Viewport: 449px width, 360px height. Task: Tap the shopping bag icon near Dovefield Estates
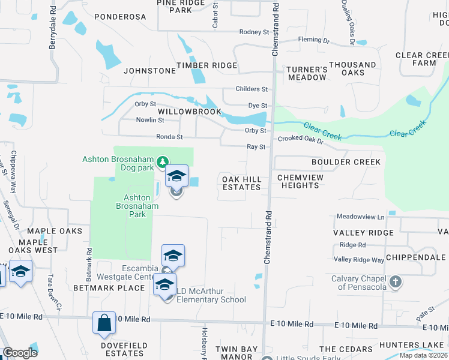[104, 322]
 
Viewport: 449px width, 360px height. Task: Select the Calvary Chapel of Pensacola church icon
[396, 281]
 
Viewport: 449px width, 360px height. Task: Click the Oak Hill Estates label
[242, 183]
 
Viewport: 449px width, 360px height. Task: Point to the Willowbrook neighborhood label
[190, 112]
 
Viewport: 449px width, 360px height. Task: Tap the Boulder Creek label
[346, 162]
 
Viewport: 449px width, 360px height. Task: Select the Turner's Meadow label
[307, 73]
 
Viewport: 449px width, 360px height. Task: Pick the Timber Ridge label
[206, 65]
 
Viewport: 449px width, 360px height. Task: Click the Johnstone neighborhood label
[150, 71]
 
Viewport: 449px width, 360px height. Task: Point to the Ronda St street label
[169, 137]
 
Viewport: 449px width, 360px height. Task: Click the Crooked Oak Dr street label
[300, 140]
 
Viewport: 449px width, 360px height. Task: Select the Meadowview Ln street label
[360, 216]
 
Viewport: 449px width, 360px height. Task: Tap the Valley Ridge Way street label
[359, 260]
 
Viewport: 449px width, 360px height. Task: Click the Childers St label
[252, 89]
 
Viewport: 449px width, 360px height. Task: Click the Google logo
[20, 353]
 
